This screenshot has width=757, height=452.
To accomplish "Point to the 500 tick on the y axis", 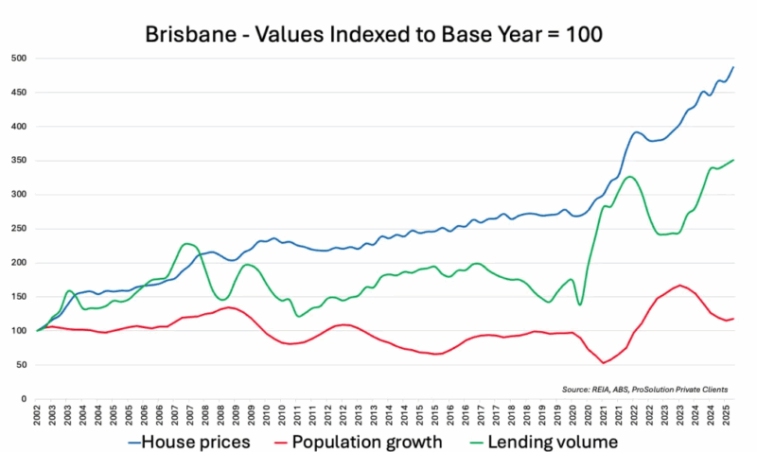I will point(18,59).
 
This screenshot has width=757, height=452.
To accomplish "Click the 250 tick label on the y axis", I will point(18,229).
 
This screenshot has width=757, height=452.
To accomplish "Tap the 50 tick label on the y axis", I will point(21,365).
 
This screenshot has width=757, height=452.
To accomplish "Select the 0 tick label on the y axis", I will point(24,399).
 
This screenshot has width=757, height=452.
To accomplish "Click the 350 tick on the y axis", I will point(18,161).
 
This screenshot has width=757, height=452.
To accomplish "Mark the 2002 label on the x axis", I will point(38,415).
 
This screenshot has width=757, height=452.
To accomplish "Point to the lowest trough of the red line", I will point(604,363).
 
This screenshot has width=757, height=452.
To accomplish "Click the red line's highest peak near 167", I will point(678,286).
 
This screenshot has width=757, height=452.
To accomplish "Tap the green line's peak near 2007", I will point(187,244).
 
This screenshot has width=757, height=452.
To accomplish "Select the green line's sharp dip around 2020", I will point(579,304).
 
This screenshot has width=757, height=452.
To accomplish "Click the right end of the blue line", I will point(733,67).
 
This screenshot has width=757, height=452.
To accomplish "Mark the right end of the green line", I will point(733,161).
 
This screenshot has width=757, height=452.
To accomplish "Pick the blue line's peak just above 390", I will point(638,132).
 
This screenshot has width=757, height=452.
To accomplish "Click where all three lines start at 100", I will point(38,331).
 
